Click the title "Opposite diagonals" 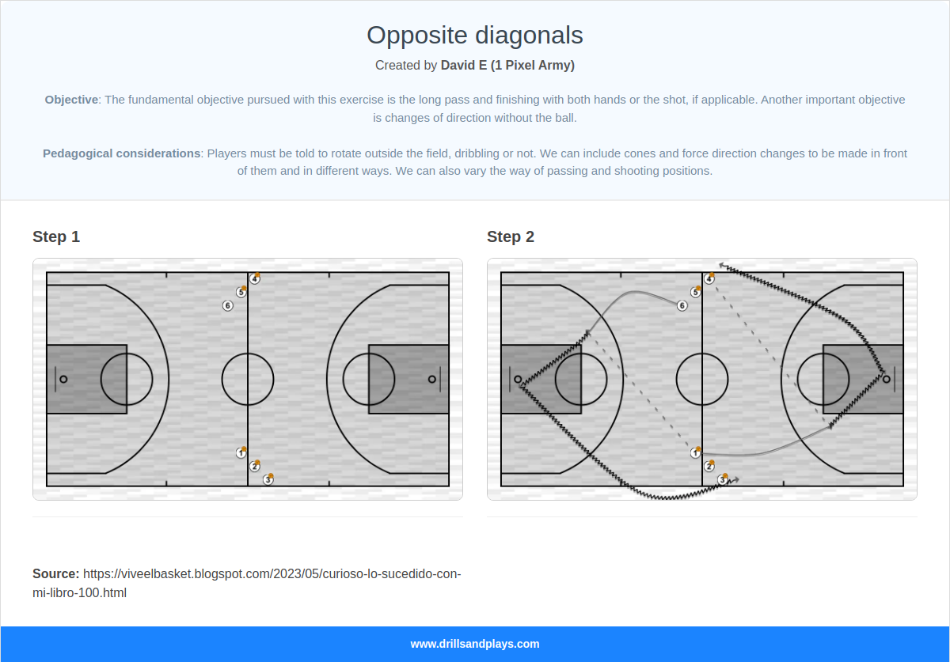click(x=474, y=35)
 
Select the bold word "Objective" click(x=71, y=100)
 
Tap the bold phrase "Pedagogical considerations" click(x=121, y=153)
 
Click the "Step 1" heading click(x=56, y=236)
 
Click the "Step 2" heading click(x=511, y=236)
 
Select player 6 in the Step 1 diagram click(x=228, y=305)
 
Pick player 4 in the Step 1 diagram click(x=254, y=279)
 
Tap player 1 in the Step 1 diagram click(x=241, y=453)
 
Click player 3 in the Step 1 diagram click(x=268, y=479)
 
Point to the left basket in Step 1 click(x=63, y=379)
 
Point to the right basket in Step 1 click(x=431, y=379)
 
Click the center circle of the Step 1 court click(x=248, y=379)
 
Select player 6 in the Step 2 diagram click(x=682, y=305)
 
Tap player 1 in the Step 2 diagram click(x=695, y=453)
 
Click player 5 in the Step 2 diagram click(x=695, y=292)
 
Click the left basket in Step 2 click(x=518, y=379)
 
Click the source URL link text click(x=271, y=574)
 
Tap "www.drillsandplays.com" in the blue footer click(x=474, y=644)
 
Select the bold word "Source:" click(x=55, y=574)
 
